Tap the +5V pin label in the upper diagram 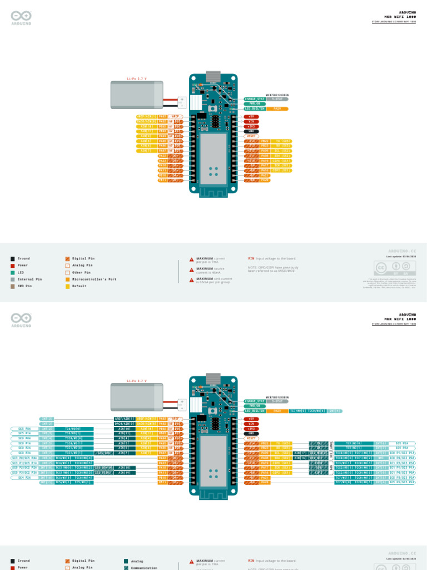[x=251, y=116]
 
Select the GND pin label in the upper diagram [x=251, y=131]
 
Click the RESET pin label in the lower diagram [x=251, y=438]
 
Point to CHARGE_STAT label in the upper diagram [x=254, y=99]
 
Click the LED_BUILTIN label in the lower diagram [x=254, y=411]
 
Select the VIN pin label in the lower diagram [x=251, y=423]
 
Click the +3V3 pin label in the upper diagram [x=251, y=126]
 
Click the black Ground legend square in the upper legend [x=13, y=259]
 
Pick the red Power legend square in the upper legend [x=13, y=266]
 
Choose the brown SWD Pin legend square [x=13, y=286]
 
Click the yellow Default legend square [x=67, y=286]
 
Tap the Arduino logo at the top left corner [x=21, y=18]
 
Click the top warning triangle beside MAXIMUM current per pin [x=192, y=259]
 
